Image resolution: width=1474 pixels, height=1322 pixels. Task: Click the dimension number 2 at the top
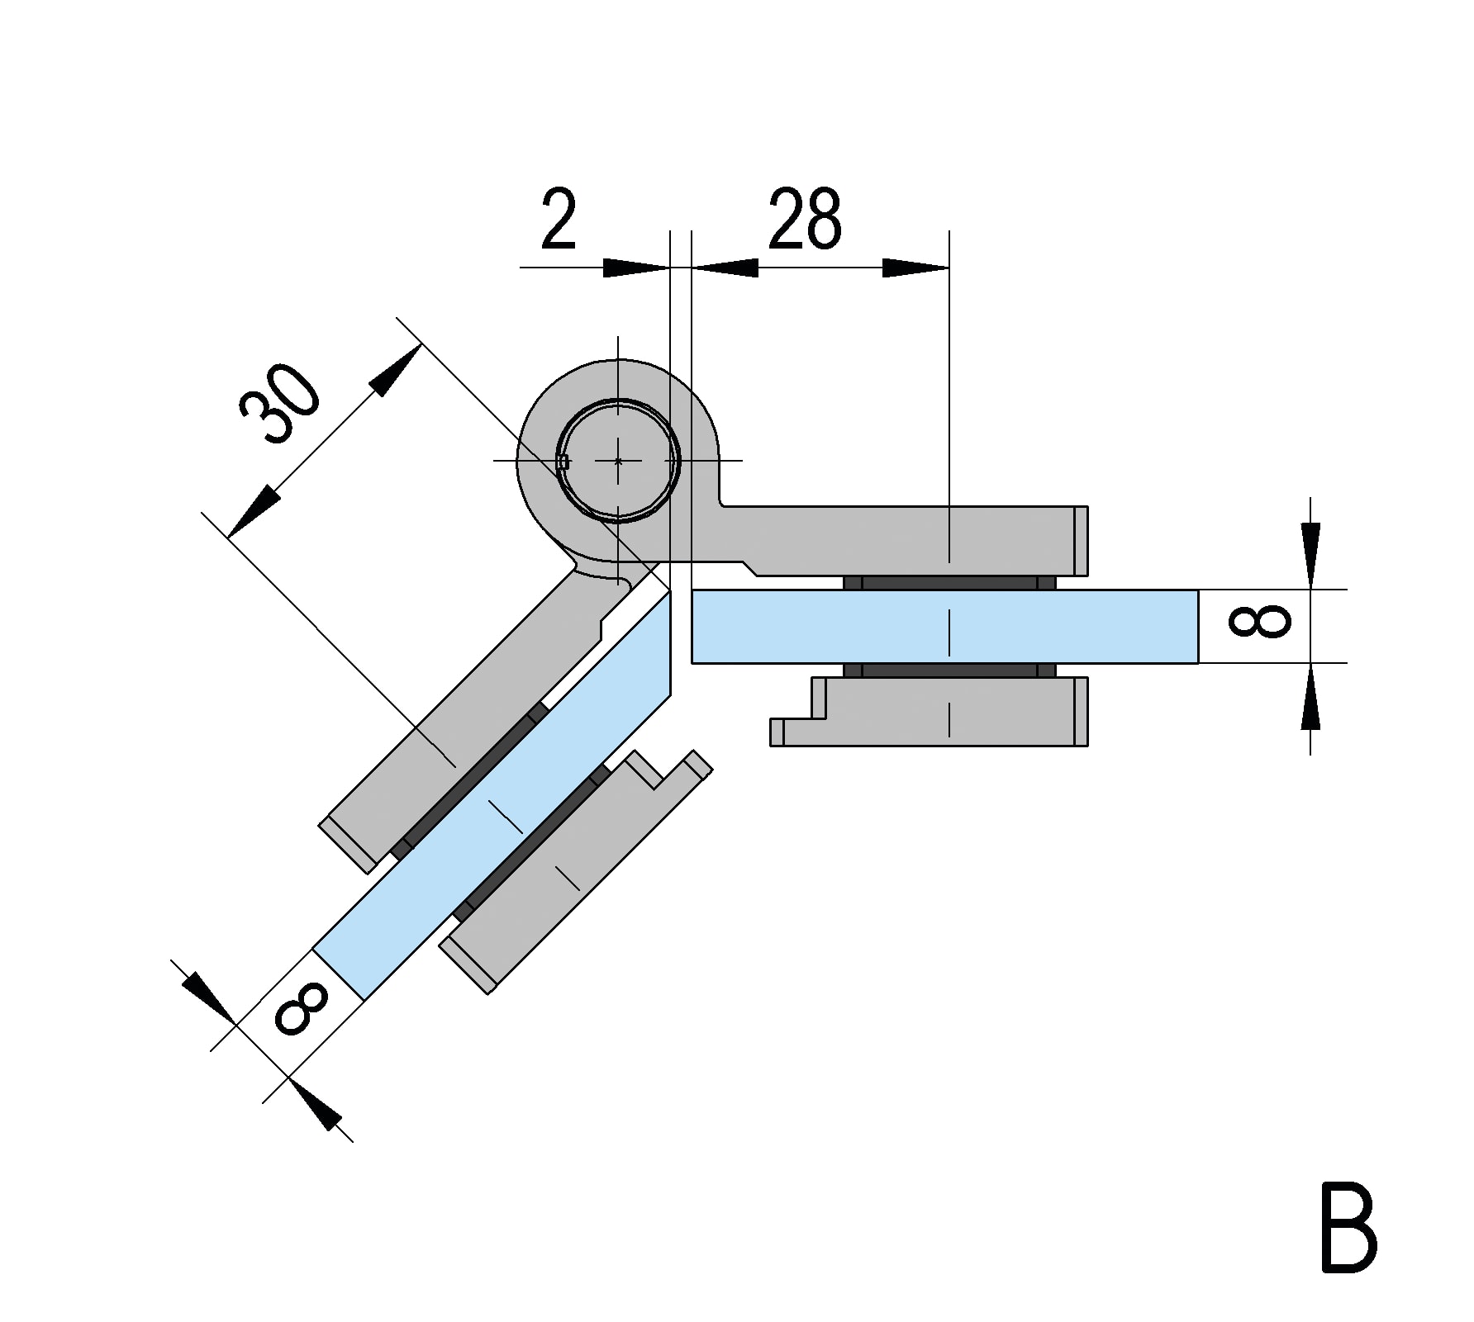pos(559,220)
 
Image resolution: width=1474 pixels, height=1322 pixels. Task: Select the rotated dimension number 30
pos(279,404)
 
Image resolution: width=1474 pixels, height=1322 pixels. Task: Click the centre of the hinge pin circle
pos(618,461)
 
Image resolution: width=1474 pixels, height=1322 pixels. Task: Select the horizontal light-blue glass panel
pos(944,626)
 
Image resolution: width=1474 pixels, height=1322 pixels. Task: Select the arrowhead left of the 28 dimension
pos(725,268)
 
